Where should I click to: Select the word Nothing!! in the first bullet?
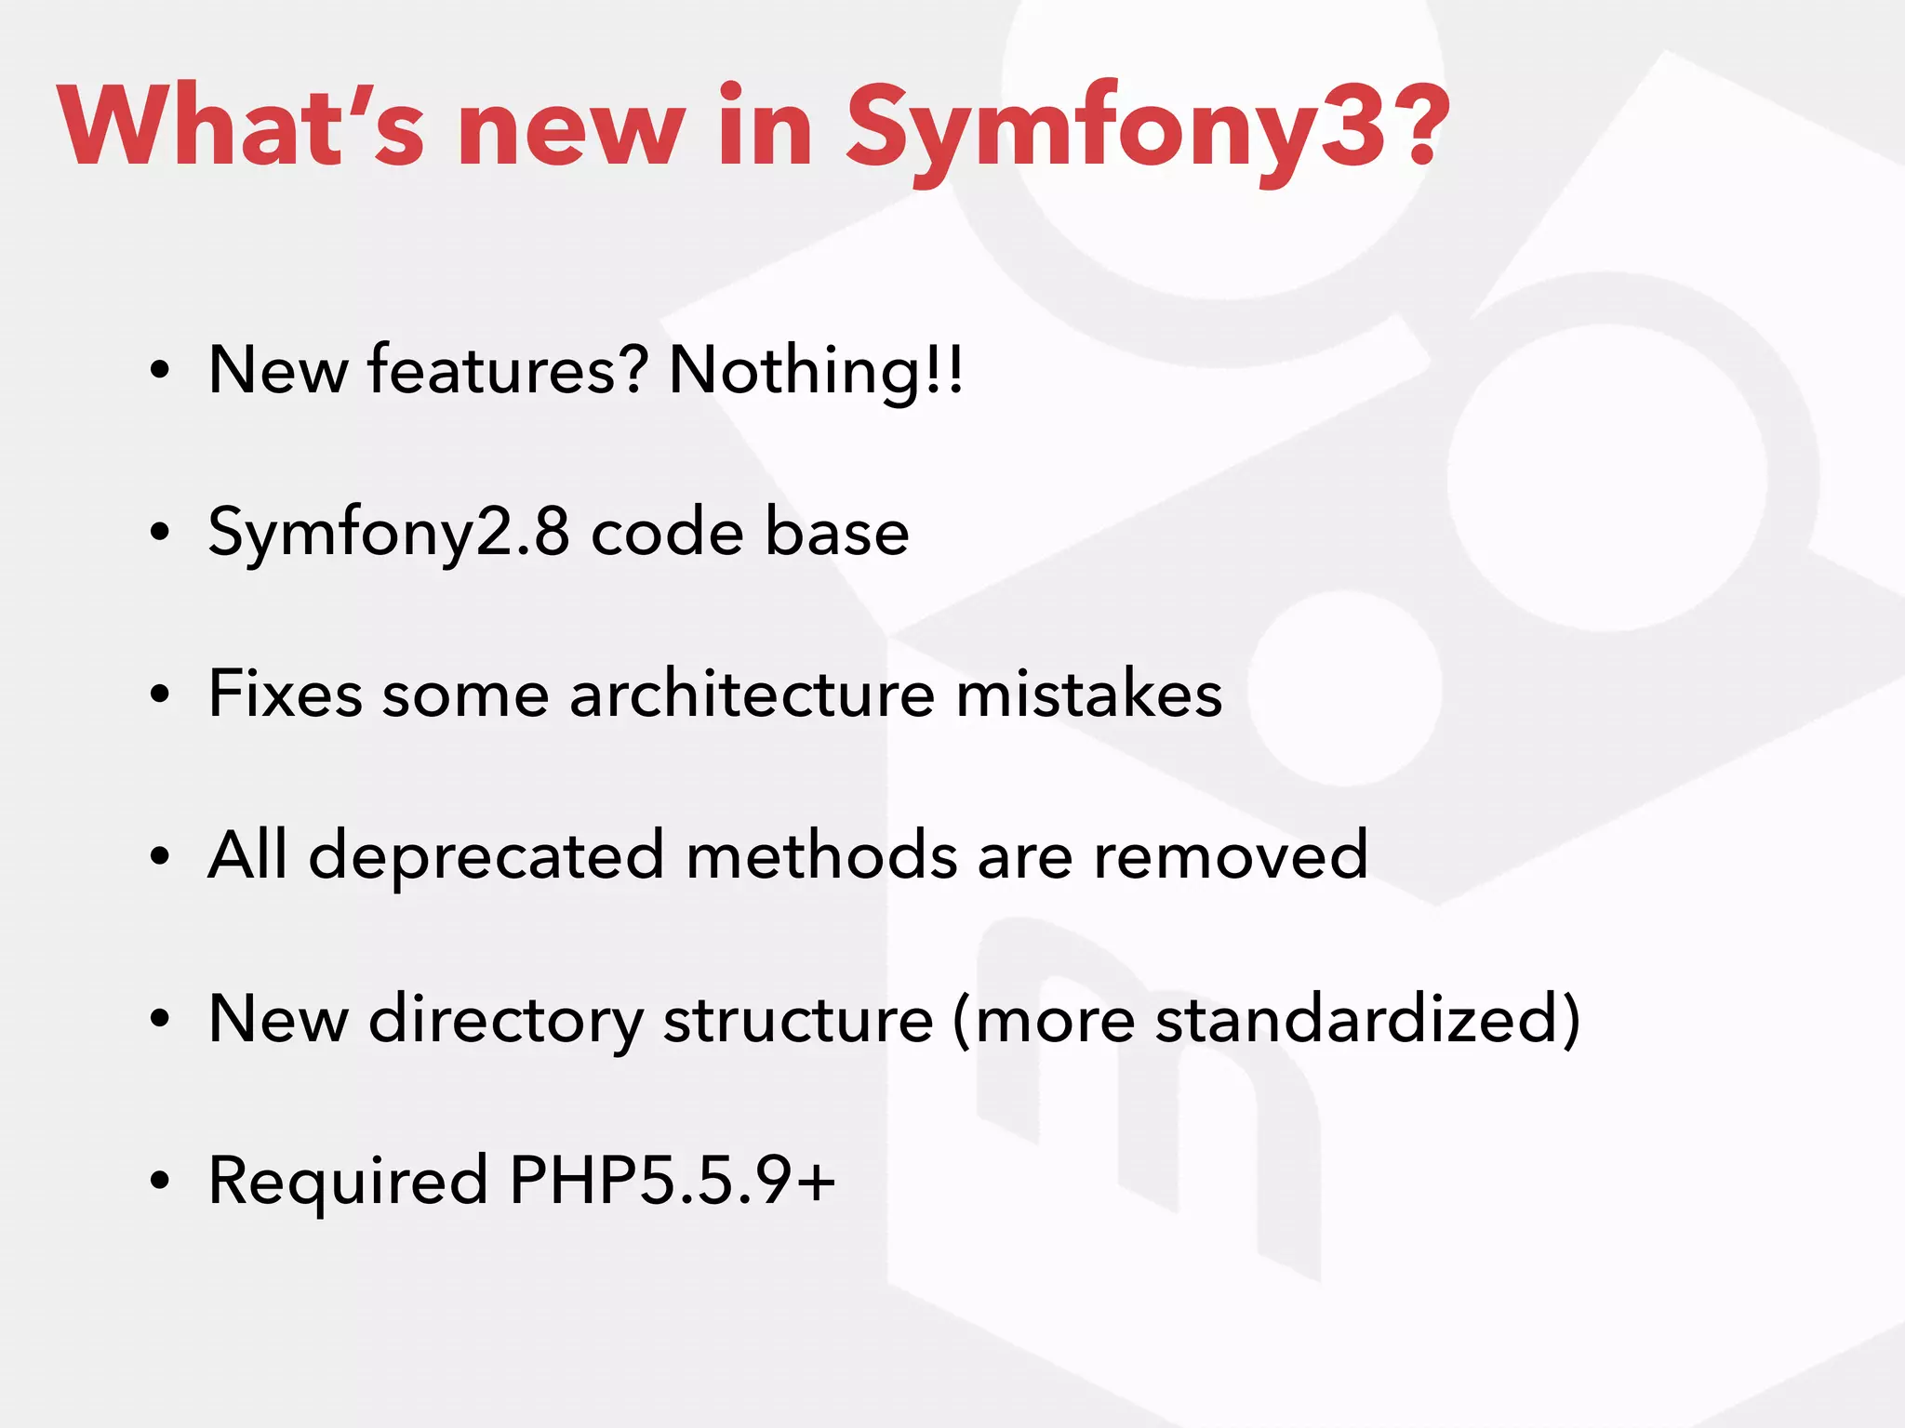pos(816,370)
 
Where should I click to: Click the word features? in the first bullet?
pos(507,370)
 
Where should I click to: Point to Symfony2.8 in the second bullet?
pos(389,533)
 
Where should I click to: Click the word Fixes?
pos(286,694)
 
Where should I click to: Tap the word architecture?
pos(752,694)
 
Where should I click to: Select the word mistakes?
pos(1088,694)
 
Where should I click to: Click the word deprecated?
pos(486,856)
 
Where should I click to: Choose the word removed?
pos(1230,856)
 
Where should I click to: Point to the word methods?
pos(820,856)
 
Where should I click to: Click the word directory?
pos(505,1020)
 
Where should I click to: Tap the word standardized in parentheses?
pos(1355,1020)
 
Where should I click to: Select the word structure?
pos(797,1020)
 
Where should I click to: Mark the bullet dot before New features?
pos(160,370)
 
